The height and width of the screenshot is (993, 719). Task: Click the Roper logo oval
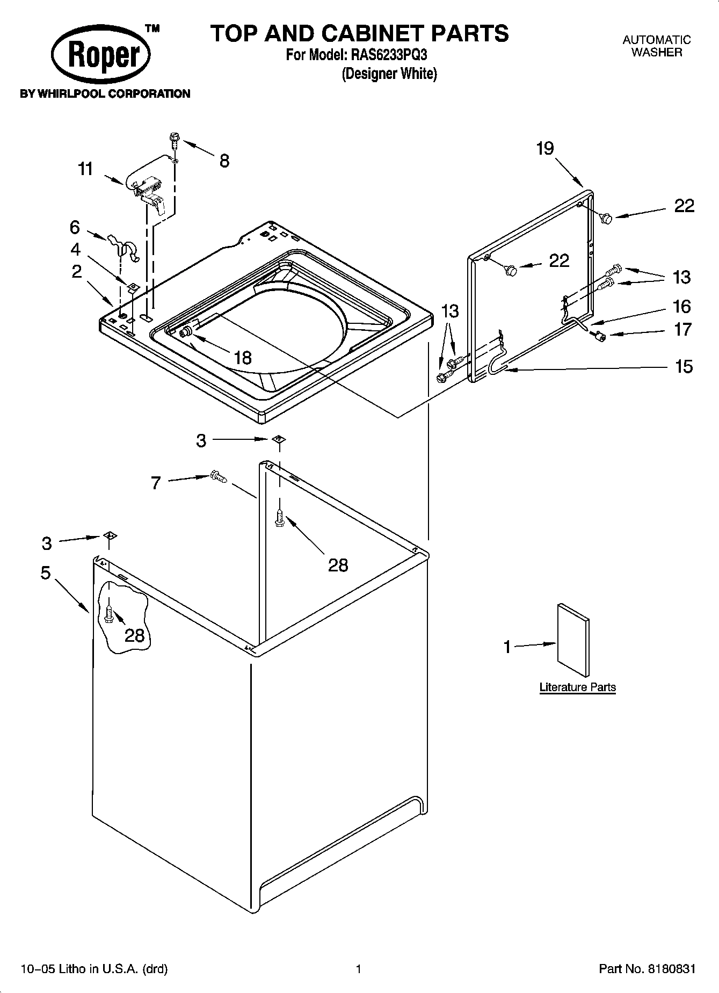(x=101, y=56)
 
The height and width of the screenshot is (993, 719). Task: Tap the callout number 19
(x=544, y=149)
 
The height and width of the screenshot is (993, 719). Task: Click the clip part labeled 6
(x=124, y=247)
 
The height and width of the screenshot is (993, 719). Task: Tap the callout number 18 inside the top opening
(x=243, y=358)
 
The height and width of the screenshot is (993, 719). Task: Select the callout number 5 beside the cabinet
(x=46, y=573)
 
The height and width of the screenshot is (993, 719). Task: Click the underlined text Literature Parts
(x=577, y=687)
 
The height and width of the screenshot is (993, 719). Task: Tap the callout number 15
(x=684, y=367)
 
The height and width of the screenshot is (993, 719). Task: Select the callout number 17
(x=682, y=329)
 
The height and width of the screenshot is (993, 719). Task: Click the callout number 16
(x=681, y=306)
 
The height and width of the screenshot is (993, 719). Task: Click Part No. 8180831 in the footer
(x=647, y=969)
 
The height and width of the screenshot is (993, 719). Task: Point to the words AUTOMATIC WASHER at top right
(x=656, y=46)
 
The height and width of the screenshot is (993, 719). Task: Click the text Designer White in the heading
(x=389, y=74)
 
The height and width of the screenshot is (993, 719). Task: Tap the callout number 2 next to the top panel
(x=77, y=271)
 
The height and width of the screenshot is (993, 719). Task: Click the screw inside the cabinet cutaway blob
(x=109, y=615)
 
